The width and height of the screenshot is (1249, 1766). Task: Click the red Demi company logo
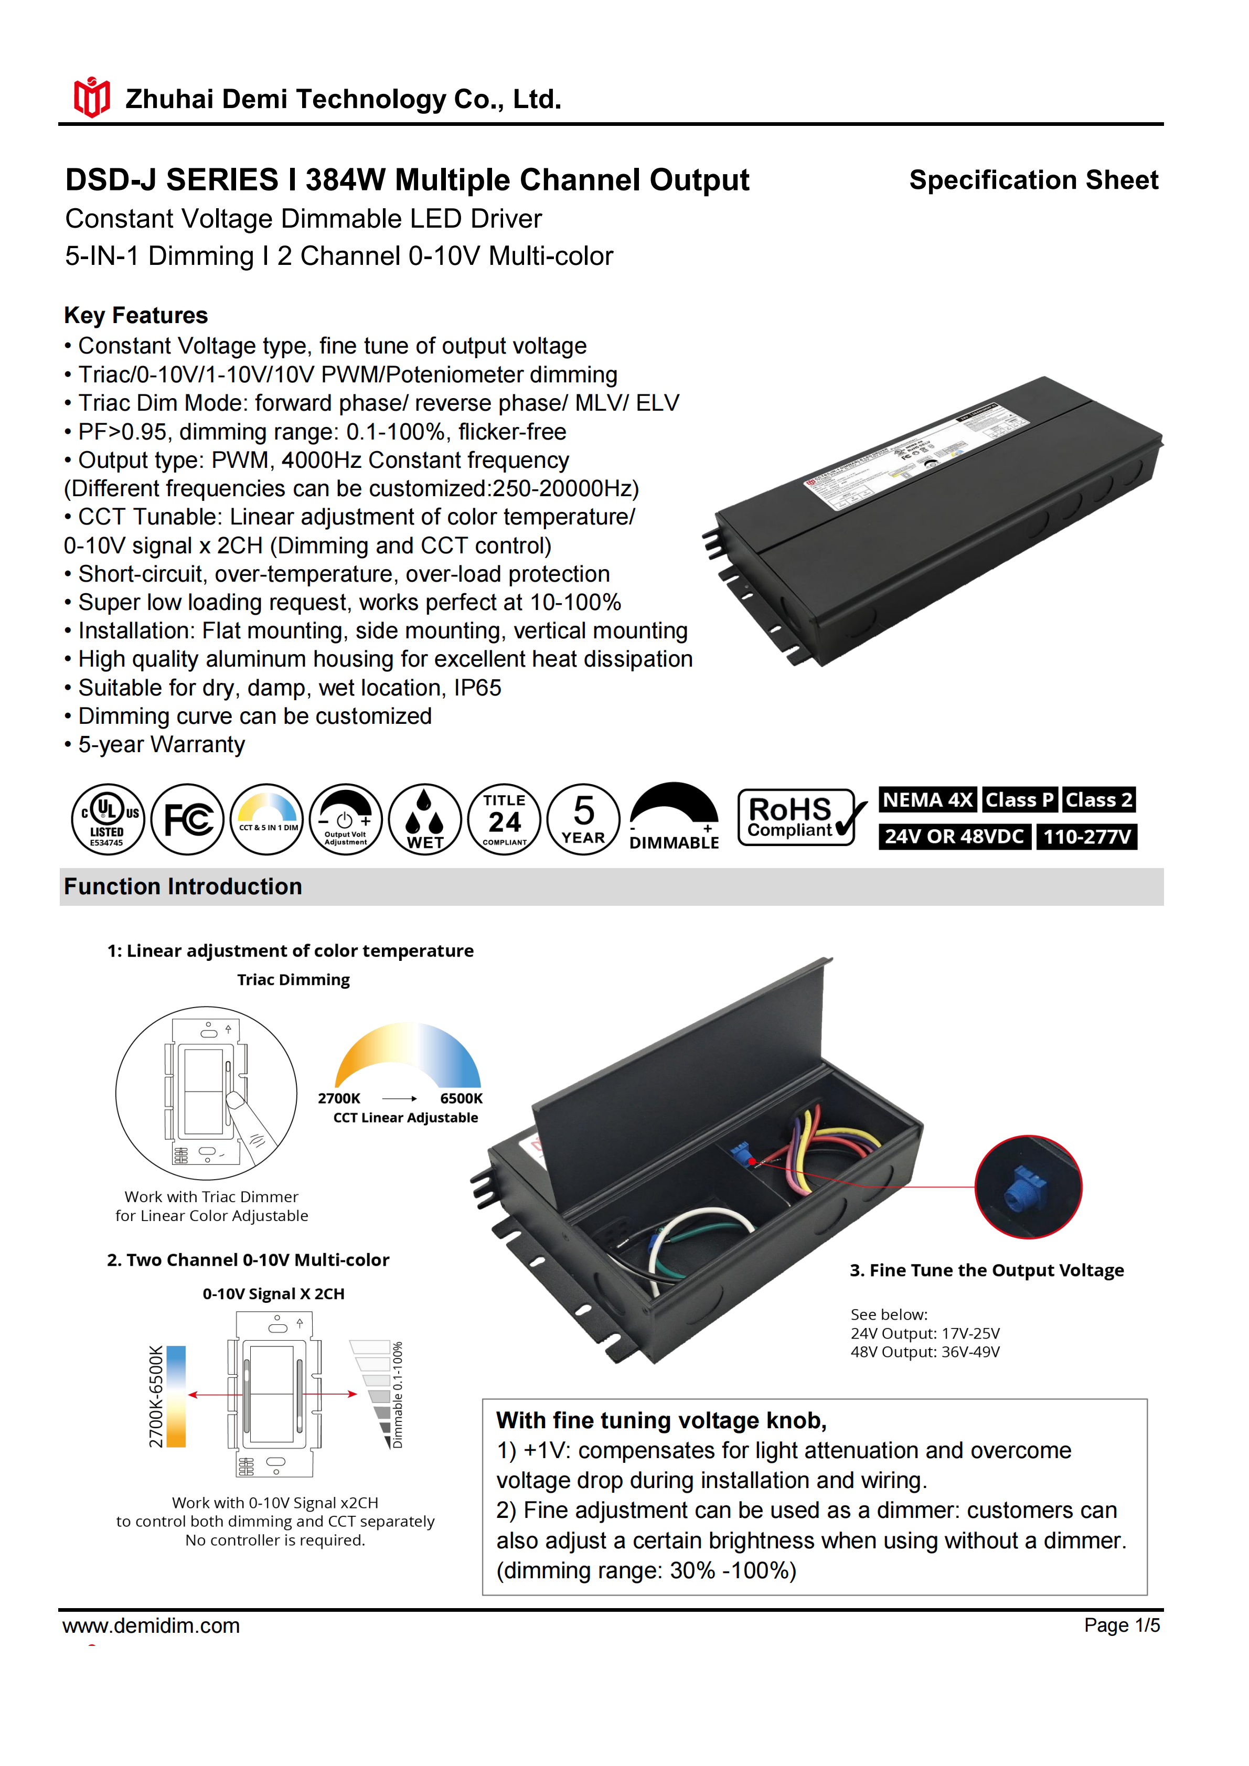(x=91, y=98)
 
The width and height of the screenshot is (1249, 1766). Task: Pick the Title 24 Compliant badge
(x=505, y=819)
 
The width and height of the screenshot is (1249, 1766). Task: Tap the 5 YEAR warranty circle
(x=584, y=819)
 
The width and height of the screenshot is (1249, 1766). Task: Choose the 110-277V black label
(x=1087, y=837)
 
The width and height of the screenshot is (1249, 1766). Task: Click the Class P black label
(x=1019, y=800)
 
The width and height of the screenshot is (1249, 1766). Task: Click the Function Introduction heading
(x=183, y=887)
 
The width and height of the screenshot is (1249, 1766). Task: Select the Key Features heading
(x=136, y=315)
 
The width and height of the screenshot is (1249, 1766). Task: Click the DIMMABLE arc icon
(x=675, y=817)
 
